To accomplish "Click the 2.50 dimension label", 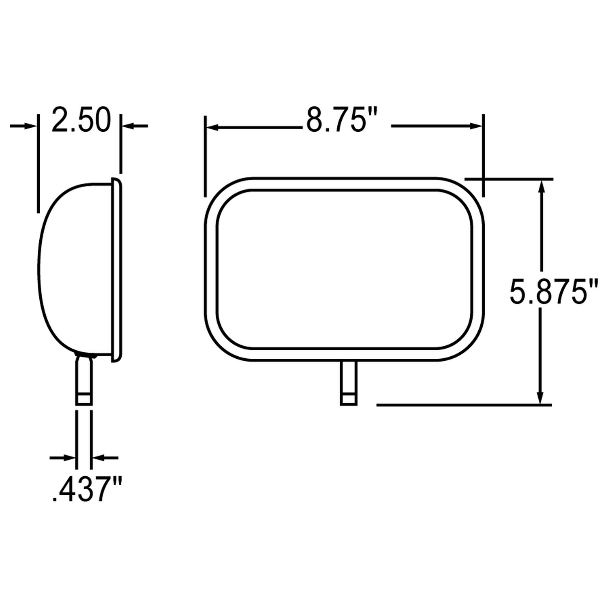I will point(81,120).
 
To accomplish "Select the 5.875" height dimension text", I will point(553,291).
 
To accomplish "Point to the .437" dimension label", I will point(87,489).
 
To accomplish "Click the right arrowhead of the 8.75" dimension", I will point(476,126).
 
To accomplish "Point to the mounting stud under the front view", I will point(349,383).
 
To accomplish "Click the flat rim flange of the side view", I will point(117,270).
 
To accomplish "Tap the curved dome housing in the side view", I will point(73,270).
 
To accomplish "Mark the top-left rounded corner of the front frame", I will point(221,194).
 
